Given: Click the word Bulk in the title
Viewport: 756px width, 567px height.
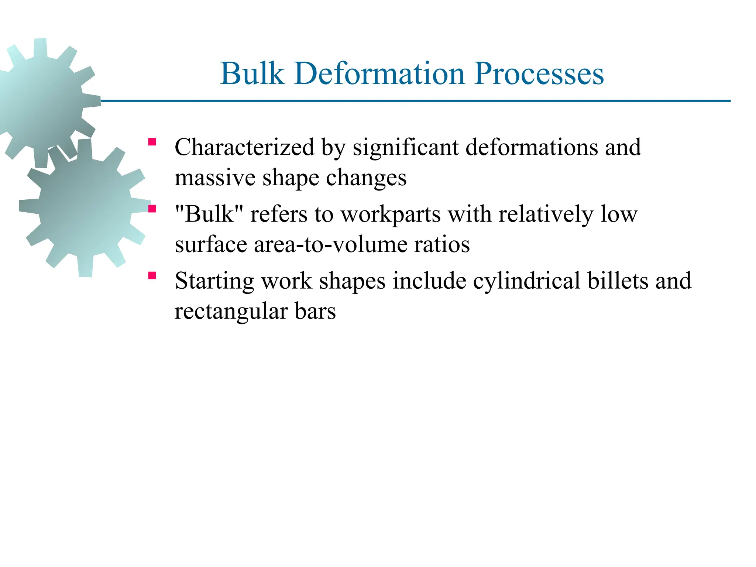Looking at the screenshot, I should (x=252, y=73).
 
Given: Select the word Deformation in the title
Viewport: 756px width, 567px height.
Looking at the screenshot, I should (x=379, y=73).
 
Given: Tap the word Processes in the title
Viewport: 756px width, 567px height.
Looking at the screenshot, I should (x=539, y=73).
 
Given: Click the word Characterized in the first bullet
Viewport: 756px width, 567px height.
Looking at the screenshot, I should (x=244, y=147).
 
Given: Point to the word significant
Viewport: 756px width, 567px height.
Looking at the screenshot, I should (x=405, y=147).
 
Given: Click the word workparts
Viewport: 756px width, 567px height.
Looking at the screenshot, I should (x=390, y=214).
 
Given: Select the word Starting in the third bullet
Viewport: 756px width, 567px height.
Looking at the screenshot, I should (x=214, y=281).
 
